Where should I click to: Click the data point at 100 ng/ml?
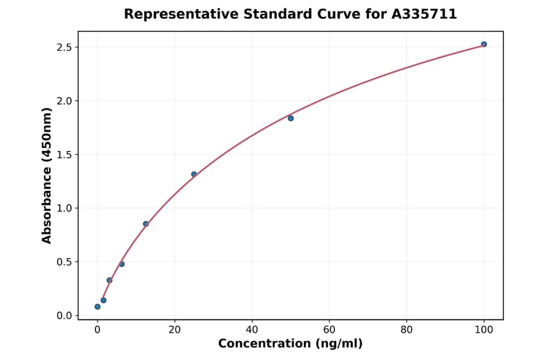tap(484, 44)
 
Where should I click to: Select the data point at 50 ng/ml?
tap(291, 118)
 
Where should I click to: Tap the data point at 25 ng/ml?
tap(194, 175)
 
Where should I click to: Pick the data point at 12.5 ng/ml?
tap(146, 224)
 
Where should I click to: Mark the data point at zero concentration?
tap(97, 307)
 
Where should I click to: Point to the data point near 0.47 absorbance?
tap(122, 264)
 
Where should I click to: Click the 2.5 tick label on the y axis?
tap(64, 47)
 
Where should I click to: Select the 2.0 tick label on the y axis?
tap(64, 101)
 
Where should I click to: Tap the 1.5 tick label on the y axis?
tap(64, 155)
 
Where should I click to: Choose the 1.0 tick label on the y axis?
tap(64, 208)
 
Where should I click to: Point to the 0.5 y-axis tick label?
tap(64, 262)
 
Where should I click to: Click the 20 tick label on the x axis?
tap(174, 330)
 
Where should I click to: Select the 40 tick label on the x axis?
tap(252, 330)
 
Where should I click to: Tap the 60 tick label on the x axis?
tap(329, 330)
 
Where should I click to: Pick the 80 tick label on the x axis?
tap(407, 330)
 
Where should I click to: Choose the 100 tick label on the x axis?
tap(484, 330)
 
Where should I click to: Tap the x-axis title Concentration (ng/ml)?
tap(290, 344)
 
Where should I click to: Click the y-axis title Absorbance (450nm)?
tap(47, 175)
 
